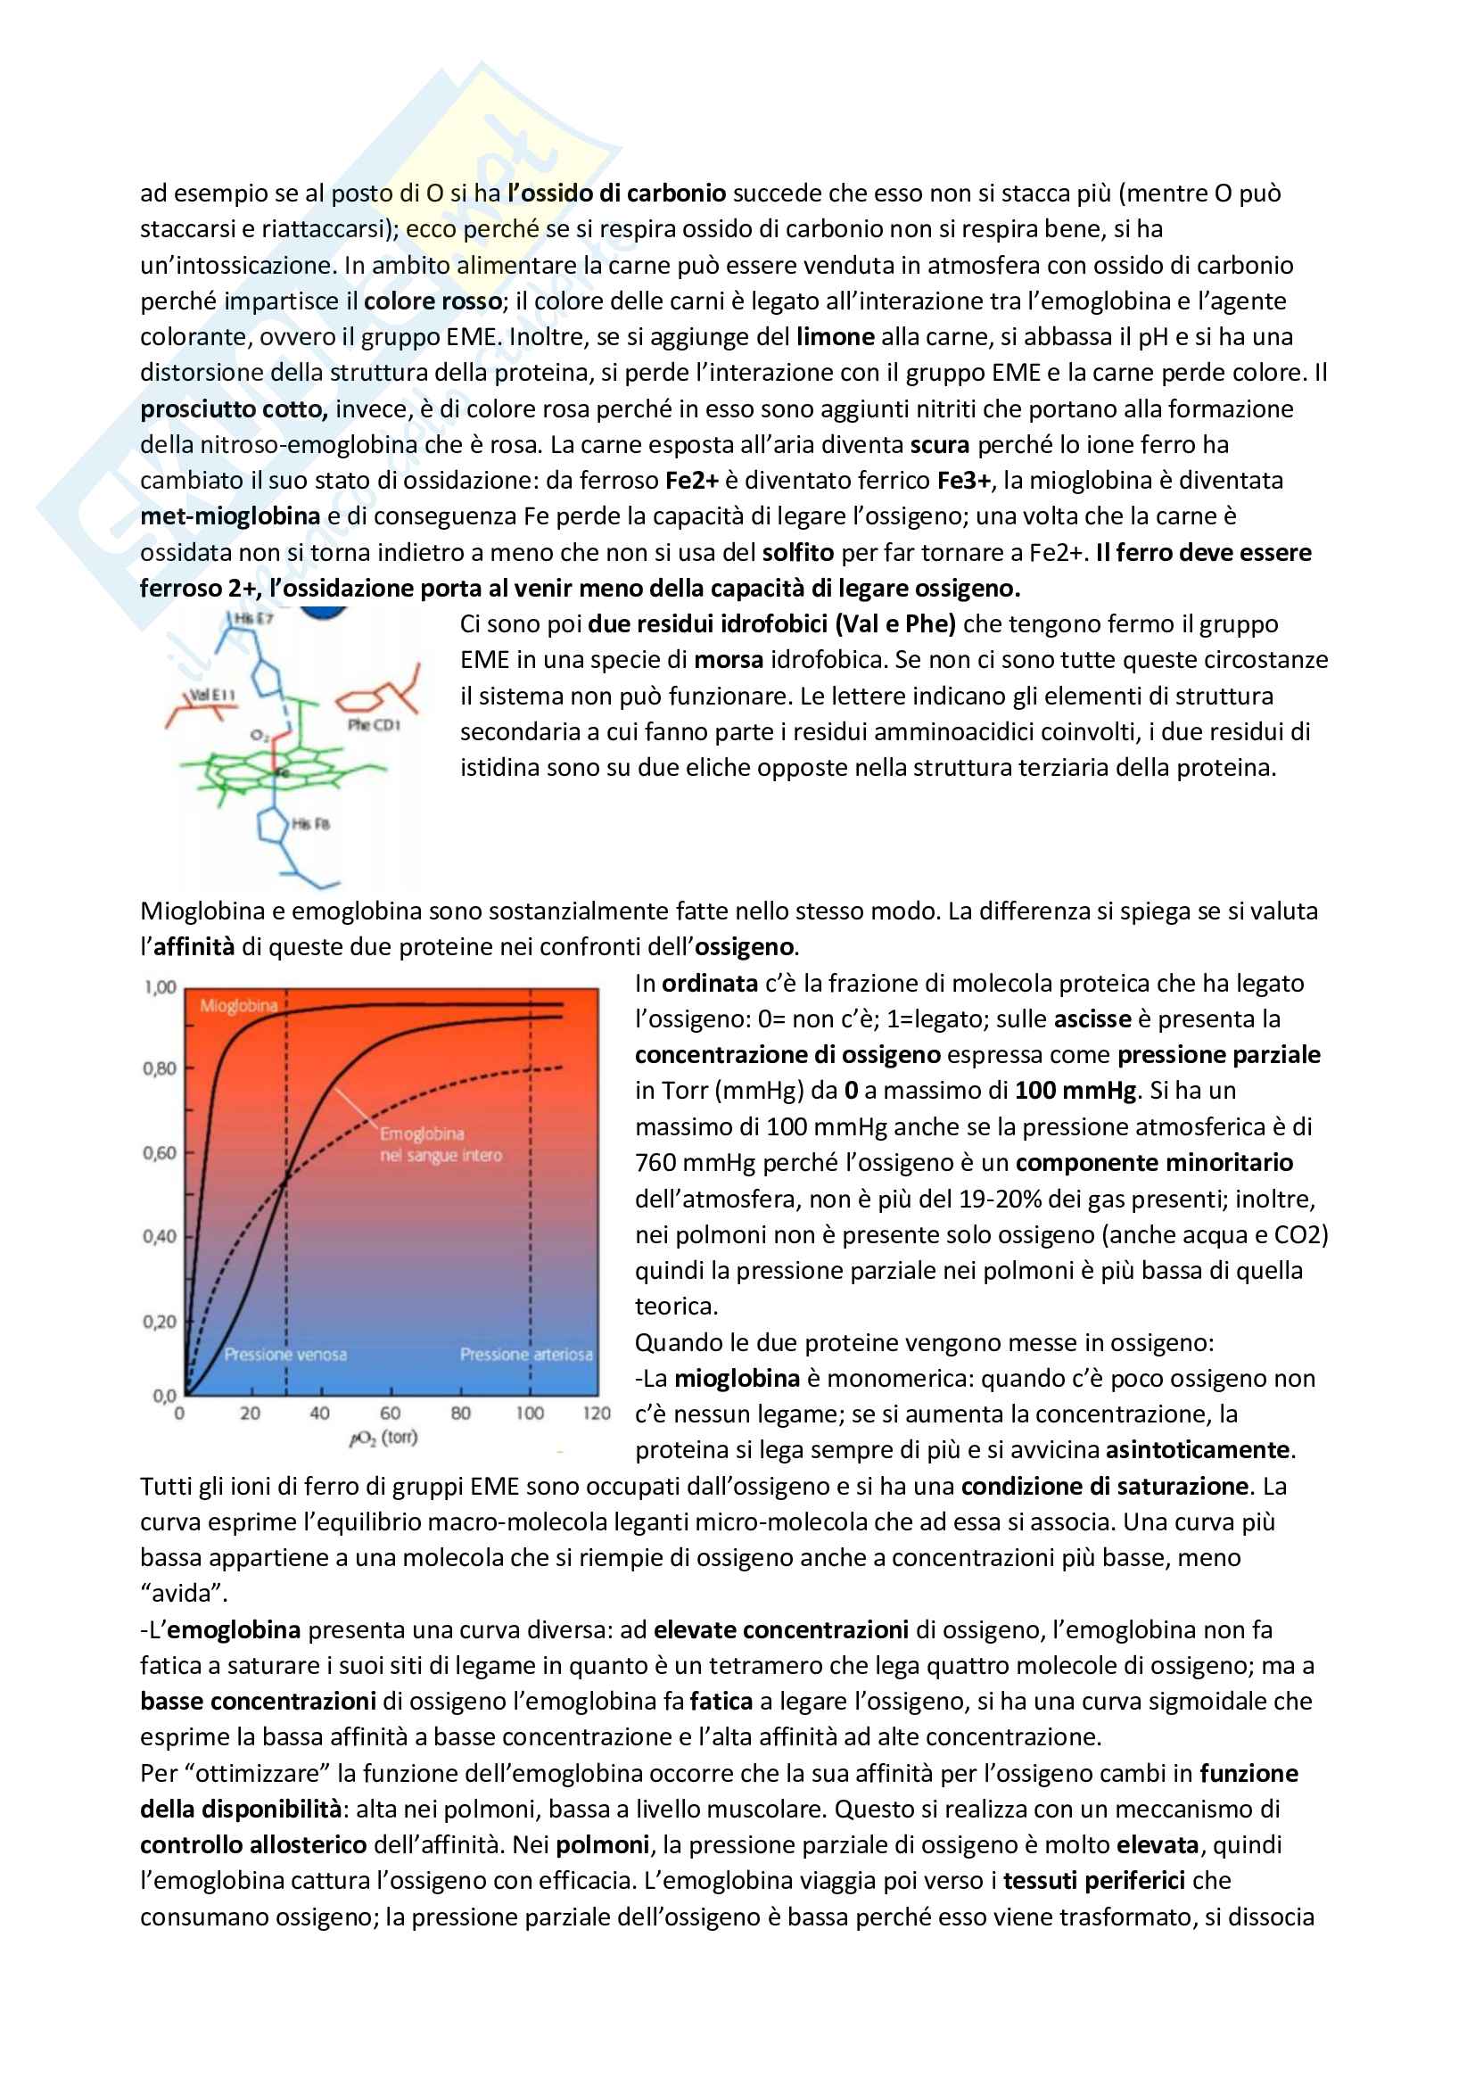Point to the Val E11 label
click(x=211, y=695)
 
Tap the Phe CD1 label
click(x=374, y=725)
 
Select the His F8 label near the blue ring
click(x=310, y=824)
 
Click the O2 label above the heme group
click(x=259, y=734)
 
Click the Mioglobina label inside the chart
click(x=238, y=1006)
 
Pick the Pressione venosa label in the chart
click(x=285, y=1355)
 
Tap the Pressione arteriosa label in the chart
click(x=526, y=1355)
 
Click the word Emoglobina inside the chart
click(x=422, y=1134)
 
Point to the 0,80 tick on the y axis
click(x=160, y=1068)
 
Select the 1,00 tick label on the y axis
click(x=160, y=987)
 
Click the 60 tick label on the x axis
click(x=390, y=1414)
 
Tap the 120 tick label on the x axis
click(x=597, y=1414)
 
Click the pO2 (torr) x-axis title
click(x=383, y=1438)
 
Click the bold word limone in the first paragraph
click(x=835, y=337)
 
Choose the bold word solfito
click(x=797, y=552)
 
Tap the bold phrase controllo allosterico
click(x=252, y=1845)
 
